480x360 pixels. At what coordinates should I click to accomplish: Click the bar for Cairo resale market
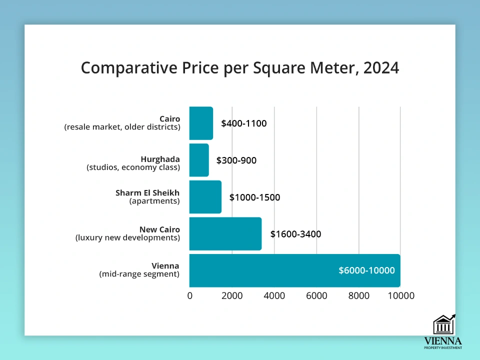click(x=201, y=123)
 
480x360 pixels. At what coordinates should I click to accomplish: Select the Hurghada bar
click(x=199, y=160)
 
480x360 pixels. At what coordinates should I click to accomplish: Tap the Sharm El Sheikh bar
click(x=205, y=197)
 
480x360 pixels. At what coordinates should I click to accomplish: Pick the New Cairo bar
click(x=225, y=233)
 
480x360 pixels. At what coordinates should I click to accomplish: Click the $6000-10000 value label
click(x=366, y=270)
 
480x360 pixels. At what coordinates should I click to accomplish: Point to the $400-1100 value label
click(x=244, y=123)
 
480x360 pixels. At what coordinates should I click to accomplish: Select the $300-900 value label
click(x=236, y=160)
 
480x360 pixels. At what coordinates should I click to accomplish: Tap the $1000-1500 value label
click(x=254, y=197)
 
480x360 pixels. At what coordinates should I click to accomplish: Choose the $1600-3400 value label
click(x=295, y=234)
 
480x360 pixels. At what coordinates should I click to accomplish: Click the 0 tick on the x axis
click(x=190, y=295)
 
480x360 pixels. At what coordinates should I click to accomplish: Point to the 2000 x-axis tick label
click(x=232, y=295)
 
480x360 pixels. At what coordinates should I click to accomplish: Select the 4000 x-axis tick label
click(x=274, y=295)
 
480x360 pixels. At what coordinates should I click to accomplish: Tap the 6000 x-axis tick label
click(x=316, y=295)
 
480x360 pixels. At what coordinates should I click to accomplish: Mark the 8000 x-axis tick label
click(x=359, y=295)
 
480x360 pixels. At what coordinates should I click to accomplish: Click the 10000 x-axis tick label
click(x=400, y=295)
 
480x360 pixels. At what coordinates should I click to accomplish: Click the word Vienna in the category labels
click(x=165, y=266)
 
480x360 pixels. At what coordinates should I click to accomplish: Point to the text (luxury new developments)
click(x=127, y=238)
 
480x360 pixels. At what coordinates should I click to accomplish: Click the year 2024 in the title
click(x=381, y=68)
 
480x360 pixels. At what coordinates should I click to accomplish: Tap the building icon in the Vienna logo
click(x=443, y=325)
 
